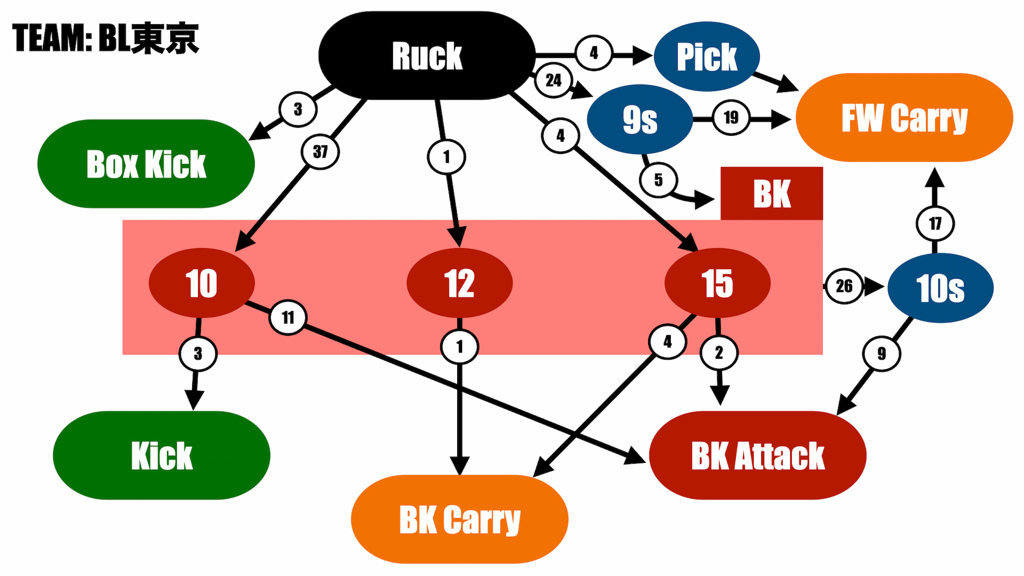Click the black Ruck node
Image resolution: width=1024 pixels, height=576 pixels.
pos(427,56)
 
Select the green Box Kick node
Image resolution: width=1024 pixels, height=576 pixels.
pos(146,164)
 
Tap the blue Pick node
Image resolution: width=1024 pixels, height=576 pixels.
pos(706,56)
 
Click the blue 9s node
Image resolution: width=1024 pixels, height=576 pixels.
pos(639,119)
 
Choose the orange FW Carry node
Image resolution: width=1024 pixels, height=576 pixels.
pos(904,118)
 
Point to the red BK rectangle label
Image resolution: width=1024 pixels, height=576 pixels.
pos(772,194)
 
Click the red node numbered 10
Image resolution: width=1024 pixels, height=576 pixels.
pos(202,283)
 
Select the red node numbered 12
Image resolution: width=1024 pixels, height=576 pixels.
pos(459,283)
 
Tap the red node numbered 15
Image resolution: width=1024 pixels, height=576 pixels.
pos(717,283)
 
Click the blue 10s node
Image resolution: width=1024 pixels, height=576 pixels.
pos(940,288)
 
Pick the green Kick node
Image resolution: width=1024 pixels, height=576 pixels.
pos(162,455)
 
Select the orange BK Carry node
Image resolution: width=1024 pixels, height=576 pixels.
pos(460,519)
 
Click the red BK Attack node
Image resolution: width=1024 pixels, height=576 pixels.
pos(758,455)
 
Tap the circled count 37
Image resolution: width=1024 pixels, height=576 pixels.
pos(320,152)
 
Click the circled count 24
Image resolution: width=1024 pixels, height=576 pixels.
pos(553,80)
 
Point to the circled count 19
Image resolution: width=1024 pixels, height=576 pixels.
pos(731,118)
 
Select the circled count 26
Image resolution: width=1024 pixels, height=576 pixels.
pos(844,286)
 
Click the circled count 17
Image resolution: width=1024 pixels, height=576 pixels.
pos(935,223)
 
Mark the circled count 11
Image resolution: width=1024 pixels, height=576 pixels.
pos(288,317)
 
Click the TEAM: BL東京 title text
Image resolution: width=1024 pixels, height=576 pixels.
pos(105,38)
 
